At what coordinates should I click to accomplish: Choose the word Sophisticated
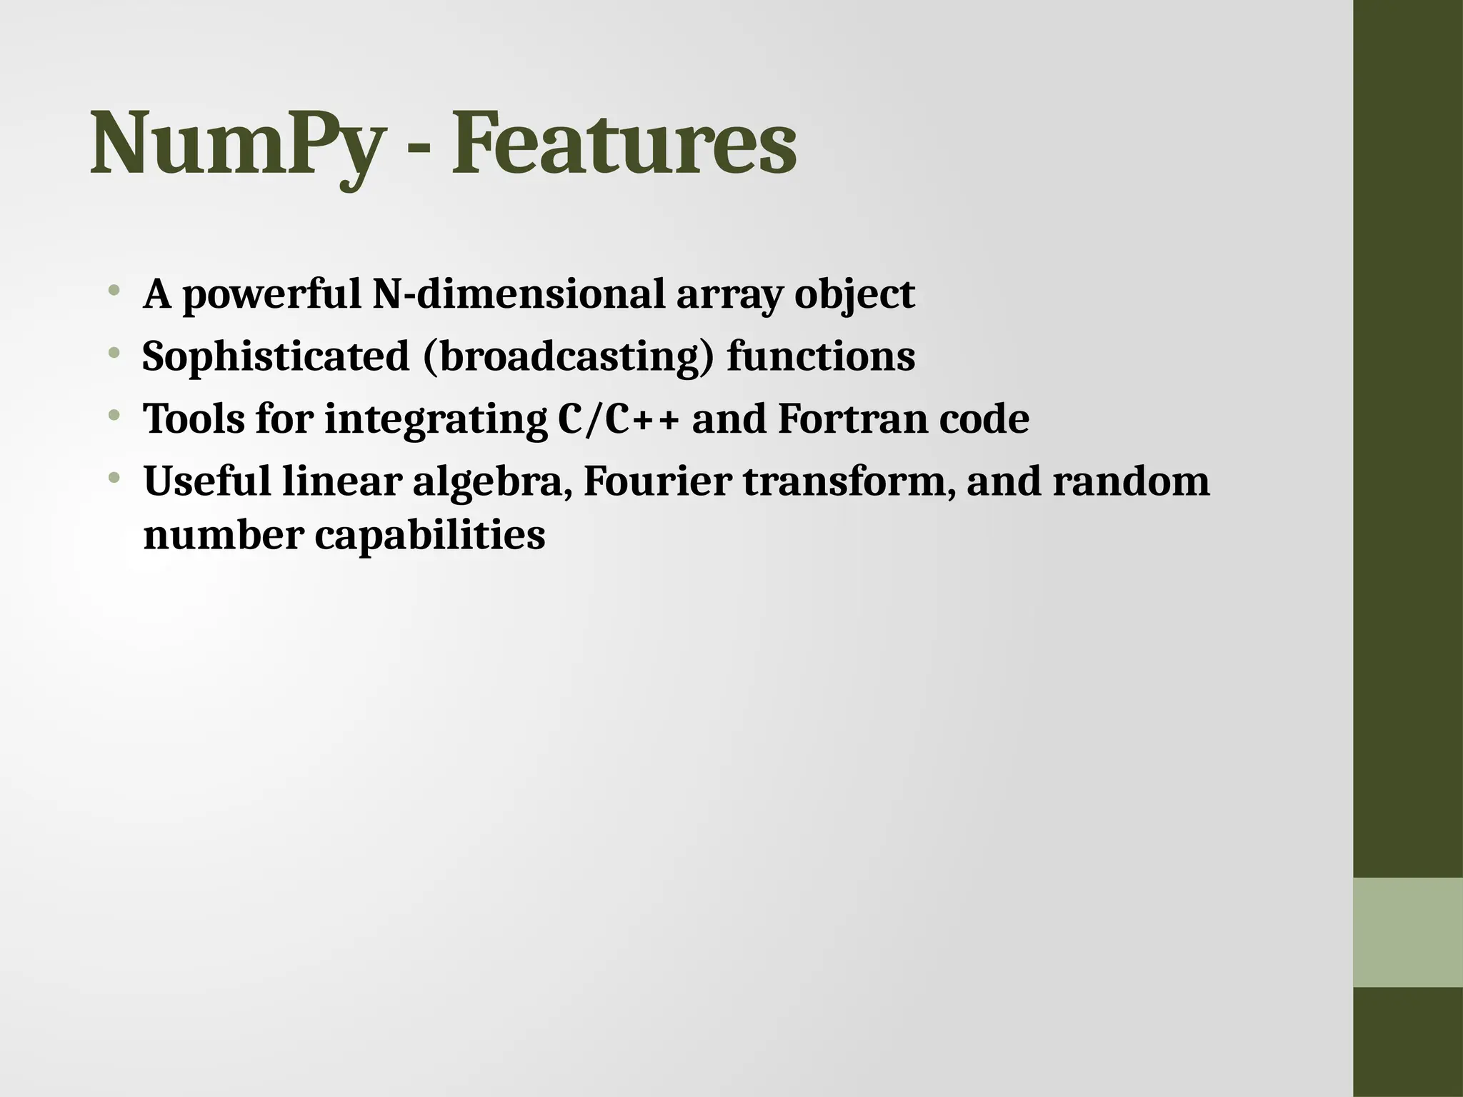click(276, 356)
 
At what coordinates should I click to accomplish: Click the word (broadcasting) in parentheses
click(569, 356)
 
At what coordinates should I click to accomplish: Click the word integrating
click(435, 420)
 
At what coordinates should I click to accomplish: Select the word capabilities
click(429, 536)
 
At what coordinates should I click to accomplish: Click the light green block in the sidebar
click(1407, 932)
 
